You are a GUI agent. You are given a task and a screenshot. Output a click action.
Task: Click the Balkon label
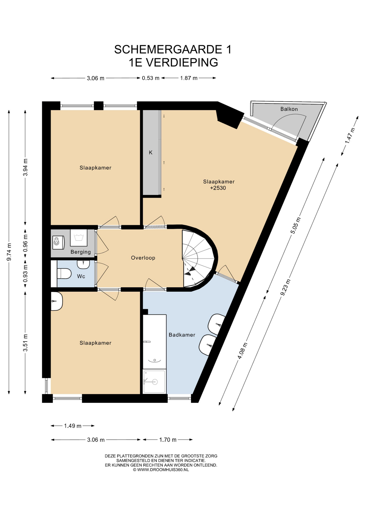(289, 109)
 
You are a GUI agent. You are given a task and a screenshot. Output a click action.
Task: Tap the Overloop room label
(143, 258)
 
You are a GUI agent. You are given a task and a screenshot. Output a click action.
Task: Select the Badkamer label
(182, 335)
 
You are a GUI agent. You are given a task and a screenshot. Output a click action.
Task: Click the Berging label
(81, 252)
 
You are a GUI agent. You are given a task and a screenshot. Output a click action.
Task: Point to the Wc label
(81, 276)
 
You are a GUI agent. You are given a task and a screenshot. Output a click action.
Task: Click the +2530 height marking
(218, 188)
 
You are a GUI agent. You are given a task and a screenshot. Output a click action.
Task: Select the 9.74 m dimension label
(9, 252)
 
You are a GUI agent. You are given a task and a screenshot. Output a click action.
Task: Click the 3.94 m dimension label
(26, 167)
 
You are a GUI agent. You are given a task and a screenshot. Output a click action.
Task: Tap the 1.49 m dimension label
(73, 426)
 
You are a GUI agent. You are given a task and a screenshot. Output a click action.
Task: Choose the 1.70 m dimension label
(168, 440)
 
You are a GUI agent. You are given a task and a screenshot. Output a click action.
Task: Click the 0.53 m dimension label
(151, 78)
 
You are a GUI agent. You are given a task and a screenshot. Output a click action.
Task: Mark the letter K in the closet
(151, 153)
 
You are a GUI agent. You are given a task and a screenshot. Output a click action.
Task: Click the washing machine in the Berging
(78, 238)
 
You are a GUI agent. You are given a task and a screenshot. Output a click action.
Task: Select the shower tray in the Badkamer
(154, 381)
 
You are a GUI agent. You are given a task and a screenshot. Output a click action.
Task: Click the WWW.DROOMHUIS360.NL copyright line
(161, 470)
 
